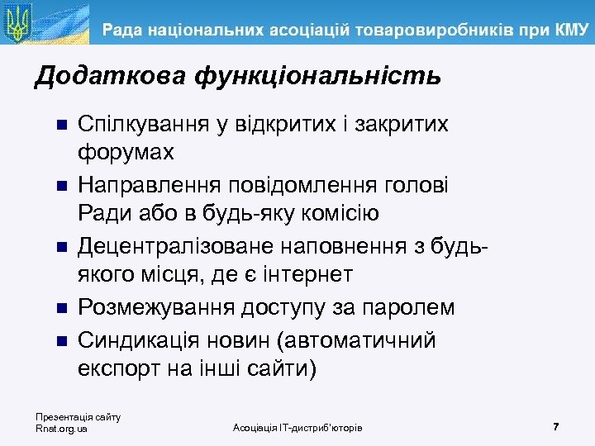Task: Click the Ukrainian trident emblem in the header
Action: click(18, 23)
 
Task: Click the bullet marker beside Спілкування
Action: click(59, 126)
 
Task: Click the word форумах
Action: click(126, 153)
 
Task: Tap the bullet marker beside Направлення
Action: click(59, 186)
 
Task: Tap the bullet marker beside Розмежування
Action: click(59, 308)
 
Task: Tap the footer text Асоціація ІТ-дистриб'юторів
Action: click(297, 427)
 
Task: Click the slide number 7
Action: click(556, 426)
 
